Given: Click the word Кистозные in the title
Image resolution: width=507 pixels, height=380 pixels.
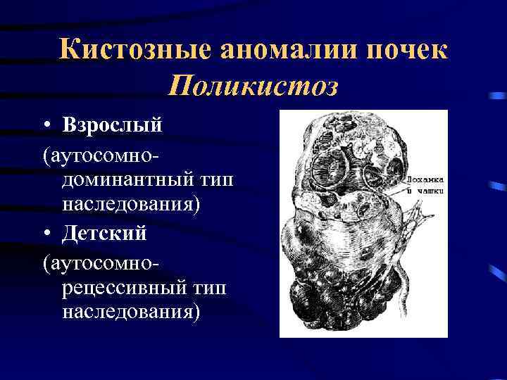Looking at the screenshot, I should coord(133,51).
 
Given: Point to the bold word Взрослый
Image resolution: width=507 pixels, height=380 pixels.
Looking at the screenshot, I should coord(112,125).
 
